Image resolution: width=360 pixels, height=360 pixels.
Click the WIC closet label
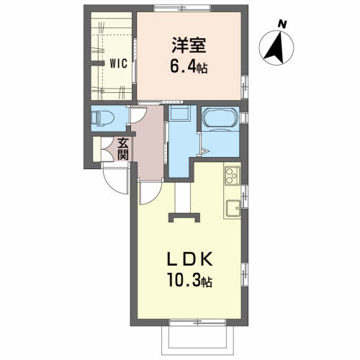[118, 63]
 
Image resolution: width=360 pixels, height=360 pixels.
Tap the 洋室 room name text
[189, 45]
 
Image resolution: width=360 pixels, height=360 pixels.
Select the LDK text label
[189, 258]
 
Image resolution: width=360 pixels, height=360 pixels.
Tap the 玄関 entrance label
[123, 149]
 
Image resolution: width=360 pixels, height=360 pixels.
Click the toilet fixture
[102, 118]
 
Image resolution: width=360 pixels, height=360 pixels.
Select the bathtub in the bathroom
[220, 117]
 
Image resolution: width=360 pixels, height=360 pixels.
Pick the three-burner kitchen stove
[232, 176]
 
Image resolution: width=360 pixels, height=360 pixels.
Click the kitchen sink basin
[233, 207]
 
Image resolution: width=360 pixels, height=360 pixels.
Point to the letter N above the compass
[282, 24]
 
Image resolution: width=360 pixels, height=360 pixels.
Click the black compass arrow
[275, 49]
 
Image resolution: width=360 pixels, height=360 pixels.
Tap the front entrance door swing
[116, 178]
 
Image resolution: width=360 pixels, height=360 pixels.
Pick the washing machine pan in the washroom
[179, 112]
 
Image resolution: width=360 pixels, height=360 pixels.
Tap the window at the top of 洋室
[182, 8]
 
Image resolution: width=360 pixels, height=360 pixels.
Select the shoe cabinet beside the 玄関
[96, 149]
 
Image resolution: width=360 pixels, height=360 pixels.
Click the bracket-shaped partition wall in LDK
[184, 217]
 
